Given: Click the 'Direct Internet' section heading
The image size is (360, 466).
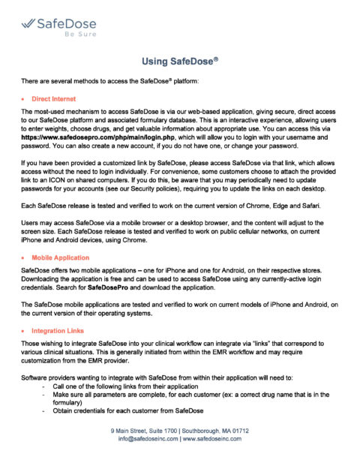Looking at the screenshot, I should (53, 98).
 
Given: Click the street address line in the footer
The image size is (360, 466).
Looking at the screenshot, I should (179, 431).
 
